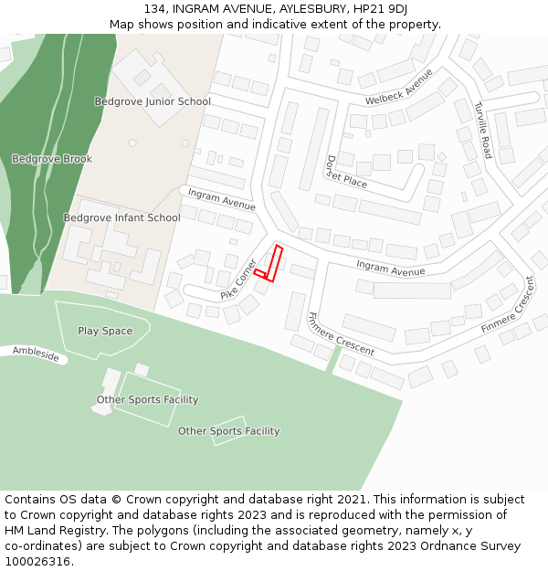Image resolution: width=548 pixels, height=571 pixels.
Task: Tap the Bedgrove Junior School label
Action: (x=153, y=101)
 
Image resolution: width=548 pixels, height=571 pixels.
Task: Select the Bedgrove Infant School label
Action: (x=121, y=217)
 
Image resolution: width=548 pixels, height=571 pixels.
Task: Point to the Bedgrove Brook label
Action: (x=52, y=159)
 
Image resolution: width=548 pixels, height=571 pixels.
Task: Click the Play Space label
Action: (x=105, y=331)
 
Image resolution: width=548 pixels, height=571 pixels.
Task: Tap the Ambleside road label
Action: (x=37, y=354)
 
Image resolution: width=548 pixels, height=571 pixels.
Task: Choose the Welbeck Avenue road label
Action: (x=398, y=86)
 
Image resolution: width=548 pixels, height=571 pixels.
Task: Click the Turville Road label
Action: (x=482, y=130)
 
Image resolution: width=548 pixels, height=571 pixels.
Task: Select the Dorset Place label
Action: (x=346, y=172)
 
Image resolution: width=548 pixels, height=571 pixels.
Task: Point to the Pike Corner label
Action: (x=238, y=280)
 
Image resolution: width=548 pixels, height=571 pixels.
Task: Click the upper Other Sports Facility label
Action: (x=147, y=399)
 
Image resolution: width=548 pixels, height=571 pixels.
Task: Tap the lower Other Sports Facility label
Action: (x=228, y=431)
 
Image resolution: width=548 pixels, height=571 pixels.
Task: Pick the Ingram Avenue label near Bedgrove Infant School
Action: (x=222, y=199)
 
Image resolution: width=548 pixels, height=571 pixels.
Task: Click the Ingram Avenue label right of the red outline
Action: (x=390, y=268)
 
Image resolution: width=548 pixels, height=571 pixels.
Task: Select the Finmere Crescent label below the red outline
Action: (x=341, y=334)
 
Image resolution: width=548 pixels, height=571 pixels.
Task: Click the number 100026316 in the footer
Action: (x=36, y=562)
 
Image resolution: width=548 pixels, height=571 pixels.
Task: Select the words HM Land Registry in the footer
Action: (x=48, y=531)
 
